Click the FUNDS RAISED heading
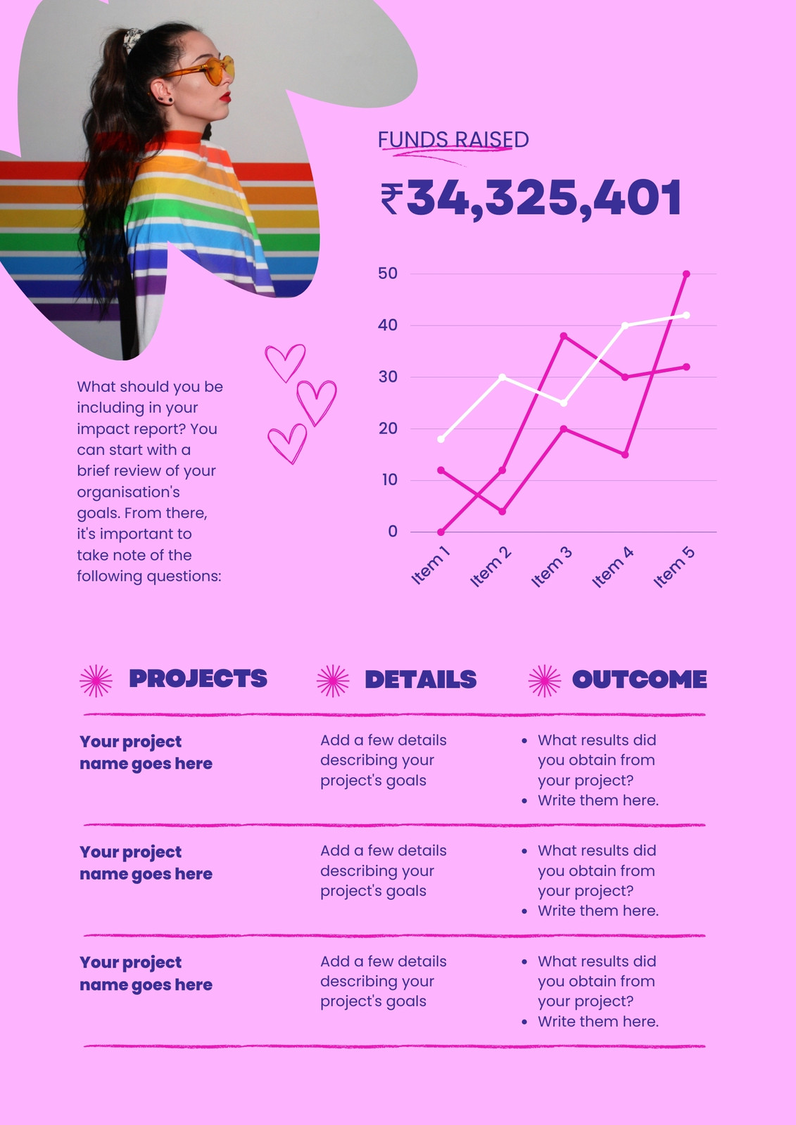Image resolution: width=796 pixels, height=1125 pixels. click(453, 140)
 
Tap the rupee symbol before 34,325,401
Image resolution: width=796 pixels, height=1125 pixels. click(392, 199)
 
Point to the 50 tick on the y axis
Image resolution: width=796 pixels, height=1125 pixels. click(388, 274)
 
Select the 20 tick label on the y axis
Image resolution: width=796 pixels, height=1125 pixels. click(388, 428)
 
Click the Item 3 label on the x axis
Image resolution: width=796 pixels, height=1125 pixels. click(552, 567)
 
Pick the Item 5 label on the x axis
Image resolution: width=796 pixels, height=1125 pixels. click(674, 567)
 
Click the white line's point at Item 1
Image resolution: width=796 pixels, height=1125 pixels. click(441, 439)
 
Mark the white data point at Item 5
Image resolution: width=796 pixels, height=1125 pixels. click(686, 316)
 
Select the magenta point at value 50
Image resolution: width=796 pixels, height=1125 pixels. click(686, 274)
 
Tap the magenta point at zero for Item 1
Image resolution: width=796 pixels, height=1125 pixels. click(441, 532)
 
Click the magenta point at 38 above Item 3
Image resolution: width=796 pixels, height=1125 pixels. click(564, 335)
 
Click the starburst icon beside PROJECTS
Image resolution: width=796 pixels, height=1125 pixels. click(96, 681)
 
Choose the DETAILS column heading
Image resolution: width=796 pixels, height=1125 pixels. click(420, 679)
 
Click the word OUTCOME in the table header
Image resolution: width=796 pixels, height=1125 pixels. click(639, 679)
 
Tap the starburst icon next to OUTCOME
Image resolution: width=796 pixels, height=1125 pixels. click(545, 681)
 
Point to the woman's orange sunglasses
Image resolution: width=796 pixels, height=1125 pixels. click(206, 71)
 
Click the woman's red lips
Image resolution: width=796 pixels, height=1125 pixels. click(226, 97)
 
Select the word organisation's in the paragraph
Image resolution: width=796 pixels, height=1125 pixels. click(128, 491)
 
